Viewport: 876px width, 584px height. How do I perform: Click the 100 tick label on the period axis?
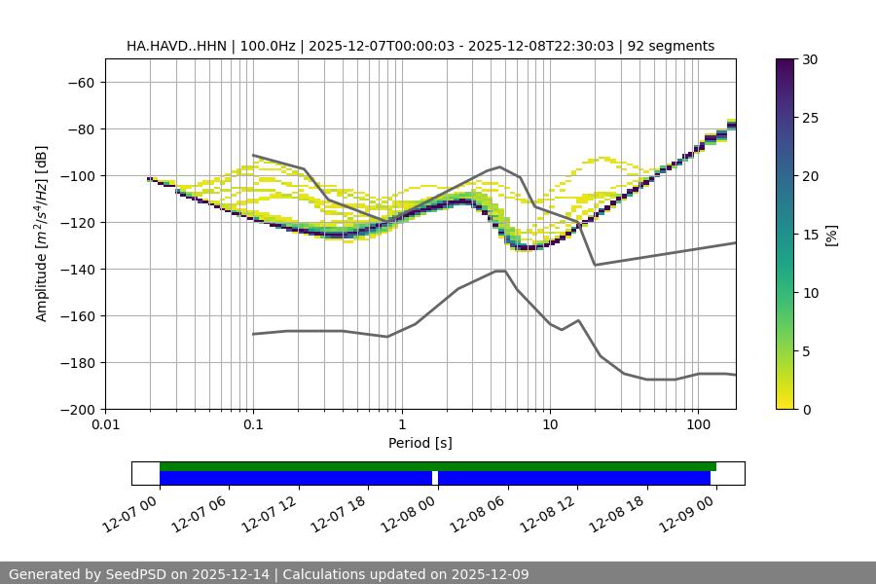(698, 425)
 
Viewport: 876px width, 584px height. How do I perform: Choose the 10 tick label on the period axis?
(550, 425)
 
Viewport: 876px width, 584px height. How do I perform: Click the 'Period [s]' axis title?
(420, 443)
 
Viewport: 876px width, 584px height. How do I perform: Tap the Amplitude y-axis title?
(42, 234)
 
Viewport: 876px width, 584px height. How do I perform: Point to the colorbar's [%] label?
(831, 235)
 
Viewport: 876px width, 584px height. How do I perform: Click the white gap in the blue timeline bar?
(435, 478)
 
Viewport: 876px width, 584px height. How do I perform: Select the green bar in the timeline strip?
(438, 466)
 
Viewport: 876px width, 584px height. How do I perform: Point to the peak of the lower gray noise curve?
(500, 271)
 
